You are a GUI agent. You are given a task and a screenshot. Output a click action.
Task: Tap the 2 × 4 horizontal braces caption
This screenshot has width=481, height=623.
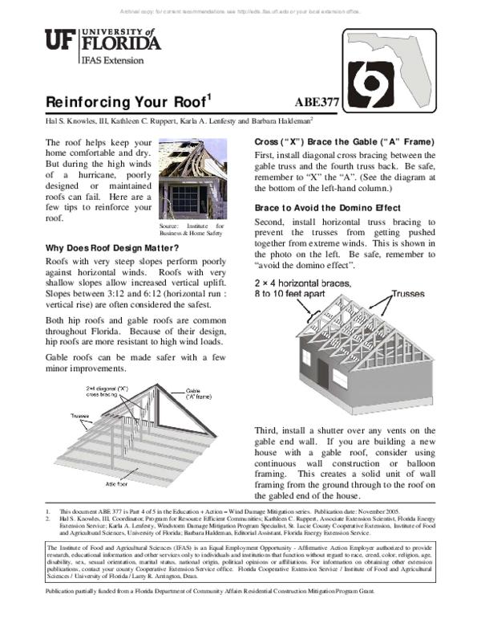[302, 289]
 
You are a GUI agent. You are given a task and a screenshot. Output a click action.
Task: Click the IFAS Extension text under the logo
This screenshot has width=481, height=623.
[112, 60]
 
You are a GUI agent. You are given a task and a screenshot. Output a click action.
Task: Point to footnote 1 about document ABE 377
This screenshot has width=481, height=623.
[240, 510]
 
